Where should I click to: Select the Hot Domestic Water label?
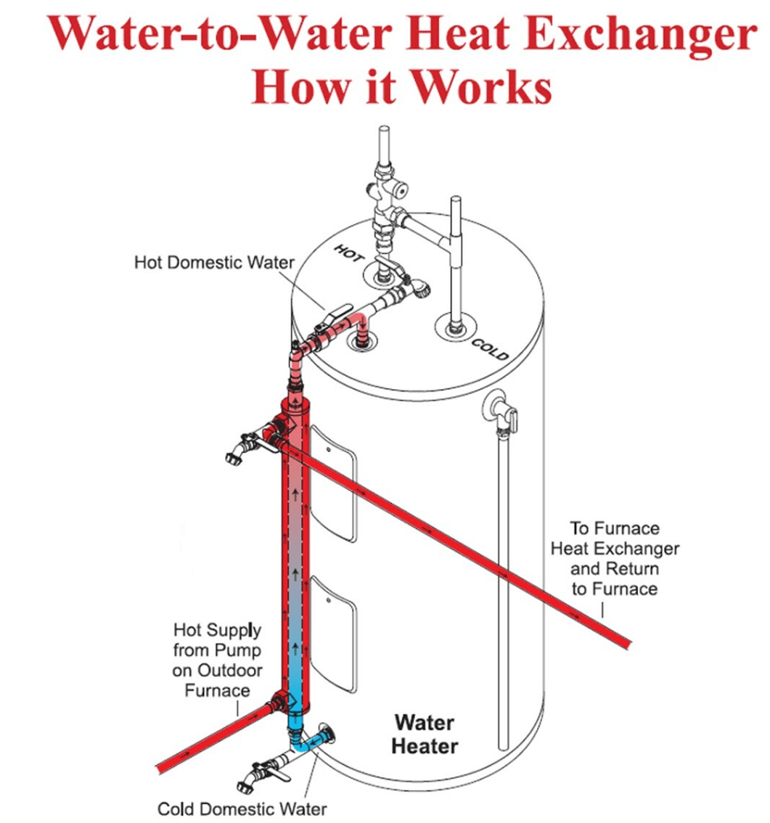[x=214, y=262]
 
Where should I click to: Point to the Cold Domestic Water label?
[x=242, y=808]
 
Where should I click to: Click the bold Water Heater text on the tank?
[x=425, y=734]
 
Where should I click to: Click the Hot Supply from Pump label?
[x=217, y=660]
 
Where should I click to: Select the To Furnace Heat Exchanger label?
[x=615, y=559]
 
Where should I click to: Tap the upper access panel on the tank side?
[x=333, y=483]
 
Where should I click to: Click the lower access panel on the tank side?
[x=334, y=634]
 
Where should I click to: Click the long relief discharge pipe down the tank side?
[x=504, y=591]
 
